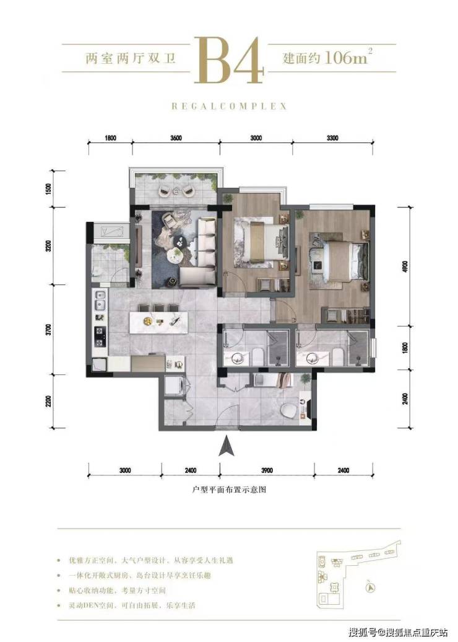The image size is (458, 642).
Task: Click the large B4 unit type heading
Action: (228, 59)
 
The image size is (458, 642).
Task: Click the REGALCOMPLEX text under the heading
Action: (229, 106)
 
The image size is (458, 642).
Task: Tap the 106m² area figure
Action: (348, 57)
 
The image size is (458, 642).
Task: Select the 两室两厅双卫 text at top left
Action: (130, 58)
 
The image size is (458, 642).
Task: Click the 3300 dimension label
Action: (332, 138)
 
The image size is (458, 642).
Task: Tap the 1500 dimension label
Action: (50, 190)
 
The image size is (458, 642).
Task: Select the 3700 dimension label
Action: (50, 330)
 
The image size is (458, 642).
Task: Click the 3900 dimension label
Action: (267, 470)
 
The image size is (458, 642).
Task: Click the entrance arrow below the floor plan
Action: (226, 446)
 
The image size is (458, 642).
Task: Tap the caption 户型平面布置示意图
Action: (229, 490)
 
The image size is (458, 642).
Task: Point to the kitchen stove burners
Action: (100, 336)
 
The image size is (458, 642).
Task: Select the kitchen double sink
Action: (99, 301)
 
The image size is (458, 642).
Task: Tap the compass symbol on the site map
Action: (369, 586)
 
